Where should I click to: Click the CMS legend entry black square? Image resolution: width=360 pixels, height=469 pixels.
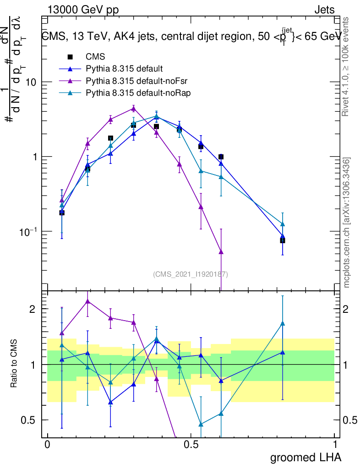(70, 57)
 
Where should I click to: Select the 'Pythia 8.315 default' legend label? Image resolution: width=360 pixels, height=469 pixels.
(124, 69)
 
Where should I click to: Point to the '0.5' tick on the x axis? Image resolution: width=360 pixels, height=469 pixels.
(191, 445)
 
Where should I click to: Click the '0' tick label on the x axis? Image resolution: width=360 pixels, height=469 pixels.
(48, 445)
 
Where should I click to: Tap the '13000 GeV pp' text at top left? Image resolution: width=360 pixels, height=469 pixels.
(83, 10)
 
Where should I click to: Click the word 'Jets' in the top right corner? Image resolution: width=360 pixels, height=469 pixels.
(324, 10)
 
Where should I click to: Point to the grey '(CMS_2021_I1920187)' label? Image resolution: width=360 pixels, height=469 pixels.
(191, 274)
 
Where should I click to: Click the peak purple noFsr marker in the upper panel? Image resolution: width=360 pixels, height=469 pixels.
(133, 109)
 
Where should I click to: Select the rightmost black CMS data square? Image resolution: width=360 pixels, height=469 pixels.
(283, 240)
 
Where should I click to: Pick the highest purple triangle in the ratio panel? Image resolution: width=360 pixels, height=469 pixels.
(87, 301)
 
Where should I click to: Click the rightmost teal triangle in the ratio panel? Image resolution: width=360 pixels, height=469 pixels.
(283, 324)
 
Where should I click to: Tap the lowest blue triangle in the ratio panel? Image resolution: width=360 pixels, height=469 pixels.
(110, 402)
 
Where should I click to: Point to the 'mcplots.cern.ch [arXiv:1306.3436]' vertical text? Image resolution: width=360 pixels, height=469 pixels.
(347, 223)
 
